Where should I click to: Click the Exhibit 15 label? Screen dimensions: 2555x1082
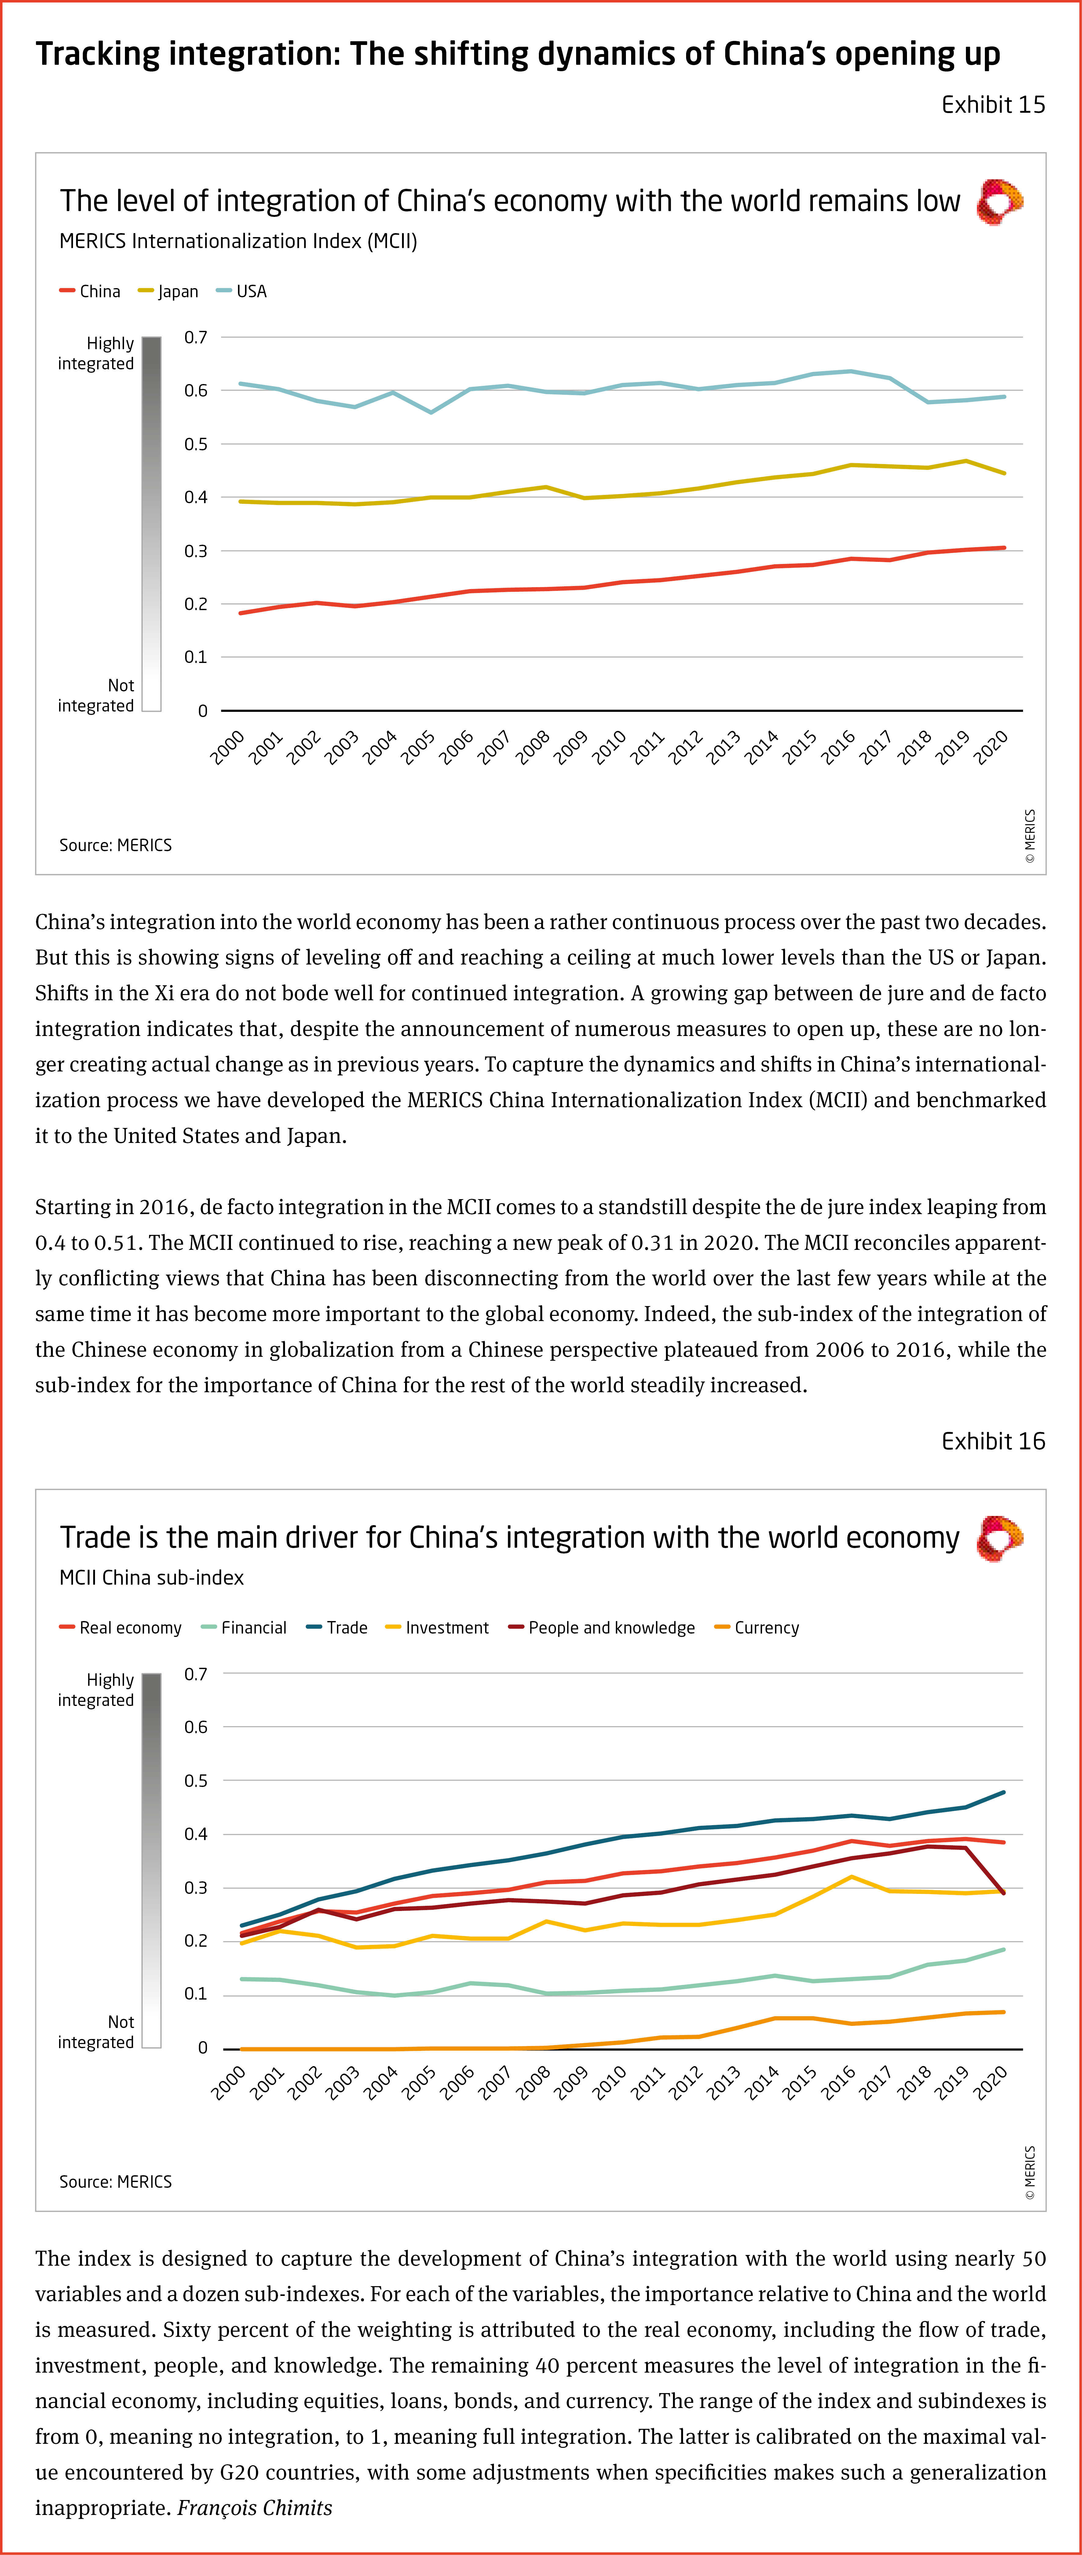pos(993,105)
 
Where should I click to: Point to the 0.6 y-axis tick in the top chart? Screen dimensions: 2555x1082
pos(196,391)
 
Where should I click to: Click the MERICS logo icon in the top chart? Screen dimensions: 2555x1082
pos(1000,202)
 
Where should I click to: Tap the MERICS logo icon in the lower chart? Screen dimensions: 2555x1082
pos(1000,1538)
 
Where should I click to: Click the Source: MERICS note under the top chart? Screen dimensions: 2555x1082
pos(115,845)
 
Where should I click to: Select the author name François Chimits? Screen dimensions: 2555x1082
pos(255,2507)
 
